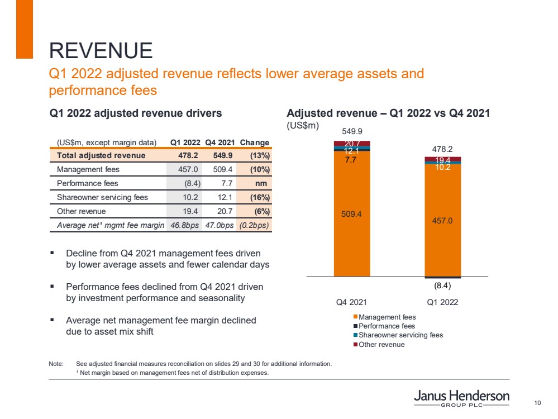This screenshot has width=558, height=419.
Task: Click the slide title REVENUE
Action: pyautogui.click(x=101, y=51)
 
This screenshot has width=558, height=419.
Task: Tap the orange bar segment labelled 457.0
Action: pyautogui.click(x=442, y=220)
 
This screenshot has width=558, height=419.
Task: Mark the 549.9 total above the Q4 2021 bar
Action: pyautogui.click(x=352, y=132)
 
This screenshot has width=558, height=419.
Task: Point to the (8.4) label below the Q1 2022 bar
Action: pyautogui.click(x=442, y=285)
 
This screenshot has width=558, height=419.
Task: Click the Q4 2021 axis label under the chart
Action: pyautogui.click(x=351, y=302)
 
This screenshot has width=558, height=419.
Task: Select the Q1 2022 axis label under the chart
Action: pyautogui.click(x=442, y=302)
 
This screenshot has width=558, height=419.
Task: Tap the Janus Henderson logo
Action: pyautogui.click(x=461, y=400)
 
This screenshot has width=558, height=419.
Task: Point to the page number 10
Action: pyautogui.click(x=538, y=403)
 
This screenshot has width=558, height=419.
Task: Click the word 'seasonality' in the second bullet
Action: pyautogui.click(x=217, y=298)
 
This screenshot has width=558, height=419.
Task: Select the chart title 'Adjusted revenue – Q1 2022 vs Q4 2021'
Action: pyautogui.click(x=388, y=113)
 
